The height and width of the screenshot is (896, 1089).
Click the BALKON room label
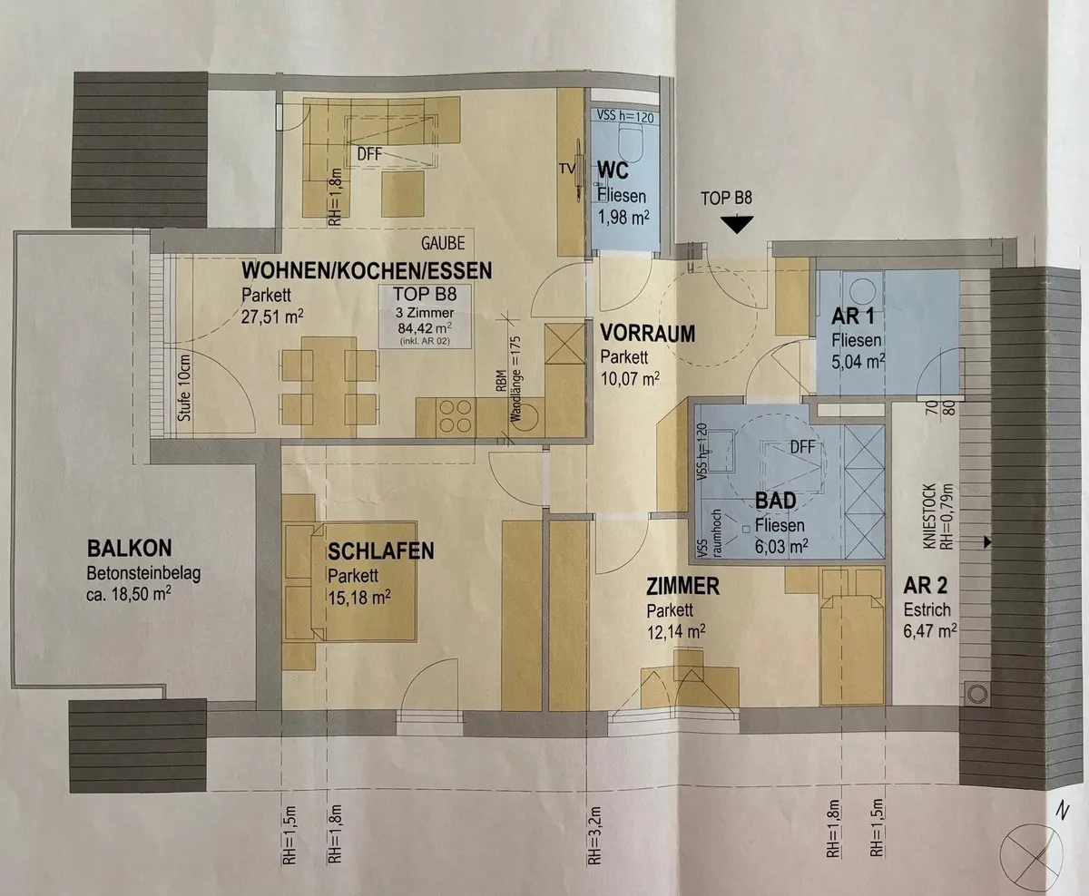pyautogui.click(x=130, y=548)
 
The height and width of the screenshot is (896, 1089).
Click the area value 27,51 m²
pyautogui.click(x=272, y=316)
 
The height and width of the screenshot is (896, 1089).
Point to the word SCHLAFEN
pyautogui.click(x=380, y=551)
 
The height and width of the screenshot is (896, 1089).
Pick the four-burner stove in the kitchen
pyautogui.click(x=455, y=416)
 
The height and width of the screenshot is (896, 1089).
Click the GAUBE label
pyautogui.click(x=443, y=243)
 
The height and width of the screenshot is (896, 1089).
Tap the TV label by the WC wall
pyautogui.click(x=567, y=169)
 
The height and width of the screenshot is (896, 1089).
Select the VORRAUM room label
pyautogui.click(x=648, y=334)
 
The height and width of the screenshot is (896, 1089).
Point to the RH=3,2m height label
pyautogui.click(x=594, y=835)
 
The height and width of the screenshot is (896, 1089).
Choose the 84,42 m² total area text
pyautogui.click(x=425, y=328)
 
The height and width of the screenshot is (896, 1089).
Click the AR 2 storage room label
pyautogui.click(x=926, y=586)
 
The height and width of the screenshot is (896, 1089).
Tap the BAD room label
pyautogui.click(x=776, y=501)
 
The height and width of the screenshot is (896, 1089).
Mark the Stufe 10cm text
pyautogui.click(x=184, y=387)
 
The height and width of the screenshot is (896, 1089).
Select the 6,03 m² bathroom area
pyautogui.click(x=781, y=546)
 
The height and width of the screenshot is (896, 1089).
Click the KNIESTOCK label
pyautogui.click(x=929, y=516)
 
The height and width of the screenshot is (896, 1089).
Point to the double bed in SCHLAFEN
pyautogui.click(x=350, y=581)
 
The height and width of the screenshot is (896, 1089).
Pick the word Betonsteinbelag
pyautogui.click(x=143, y=573)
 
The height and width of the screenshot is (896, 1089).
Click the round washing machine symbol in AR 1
pyautogui.click(x=862, y=290)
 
